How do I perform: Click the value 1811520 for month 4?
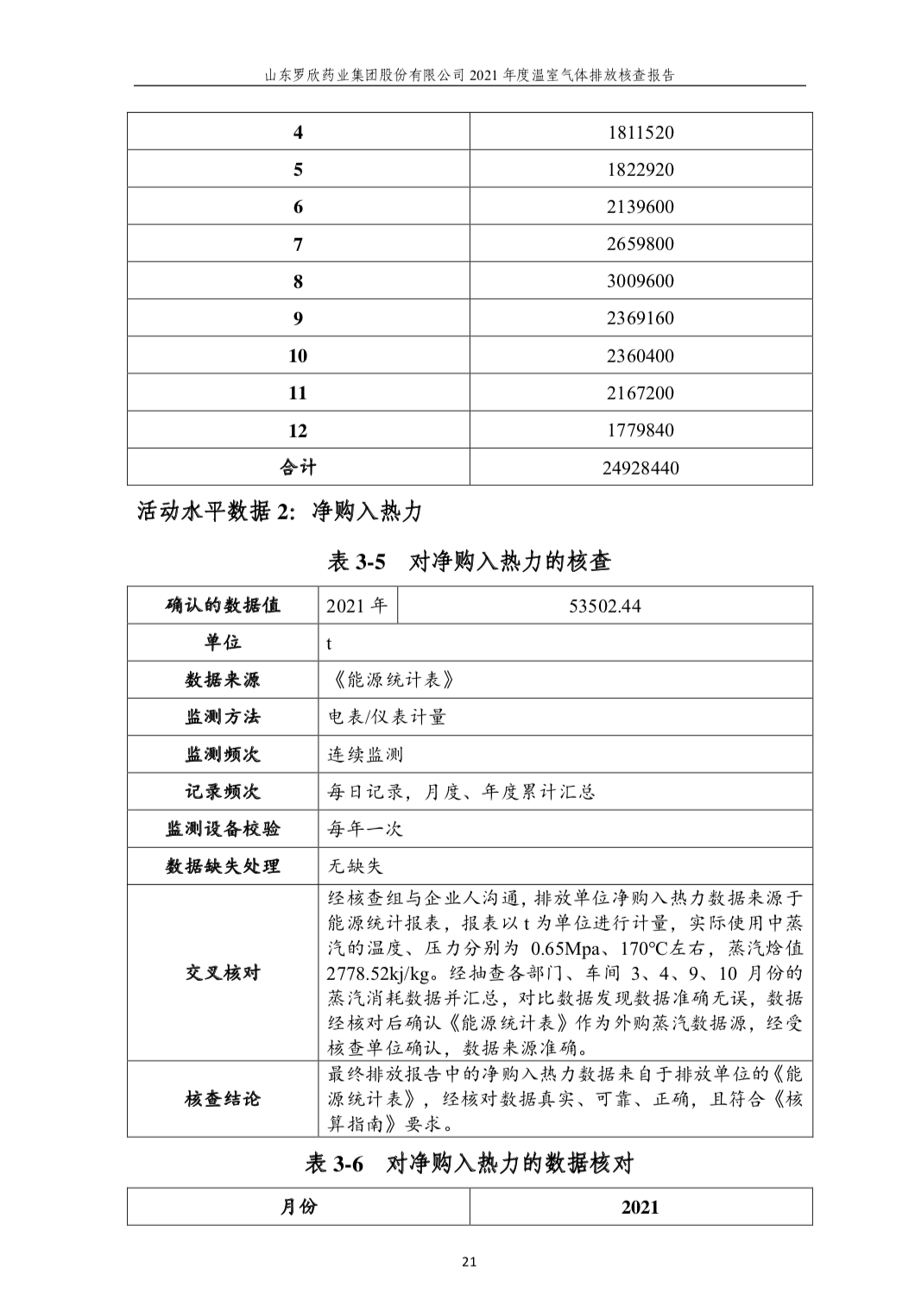tap(640, 133)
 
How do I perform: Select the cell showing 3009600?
tap(640, 281)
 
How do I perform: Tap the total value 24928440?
tap(640, 468)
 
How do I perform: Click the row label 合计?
tap(298, 468)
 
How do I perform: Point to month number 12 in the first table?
tap(298, 430)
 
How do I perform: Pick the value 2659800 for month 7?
tap(640, 244)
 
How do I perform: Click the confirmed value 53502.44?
tap(604, 606)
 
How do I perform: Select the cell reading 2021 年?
tap(357, 606)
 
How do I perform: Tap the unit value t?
tap(329, 644)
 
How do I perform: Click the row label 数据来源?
tap(222, 680)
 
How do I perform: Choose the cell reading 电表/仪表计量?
tap(386, 717)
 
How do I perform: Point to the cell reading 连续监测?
tap(365, 755)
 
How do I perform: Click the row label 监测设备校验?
tap(222, 829)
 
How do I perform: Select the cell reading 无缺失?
tap(355, 866)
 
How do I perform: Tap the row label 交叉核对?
tap(222, 973)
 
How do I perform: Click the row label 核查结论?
tap(222, 1099)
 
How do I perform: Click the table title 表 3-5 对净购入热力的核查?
tap(470, 562)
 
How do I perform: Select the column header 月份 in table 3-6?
tap(298, 1206)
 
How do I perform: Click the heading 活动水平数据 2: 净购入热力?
tap(280, 512)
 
